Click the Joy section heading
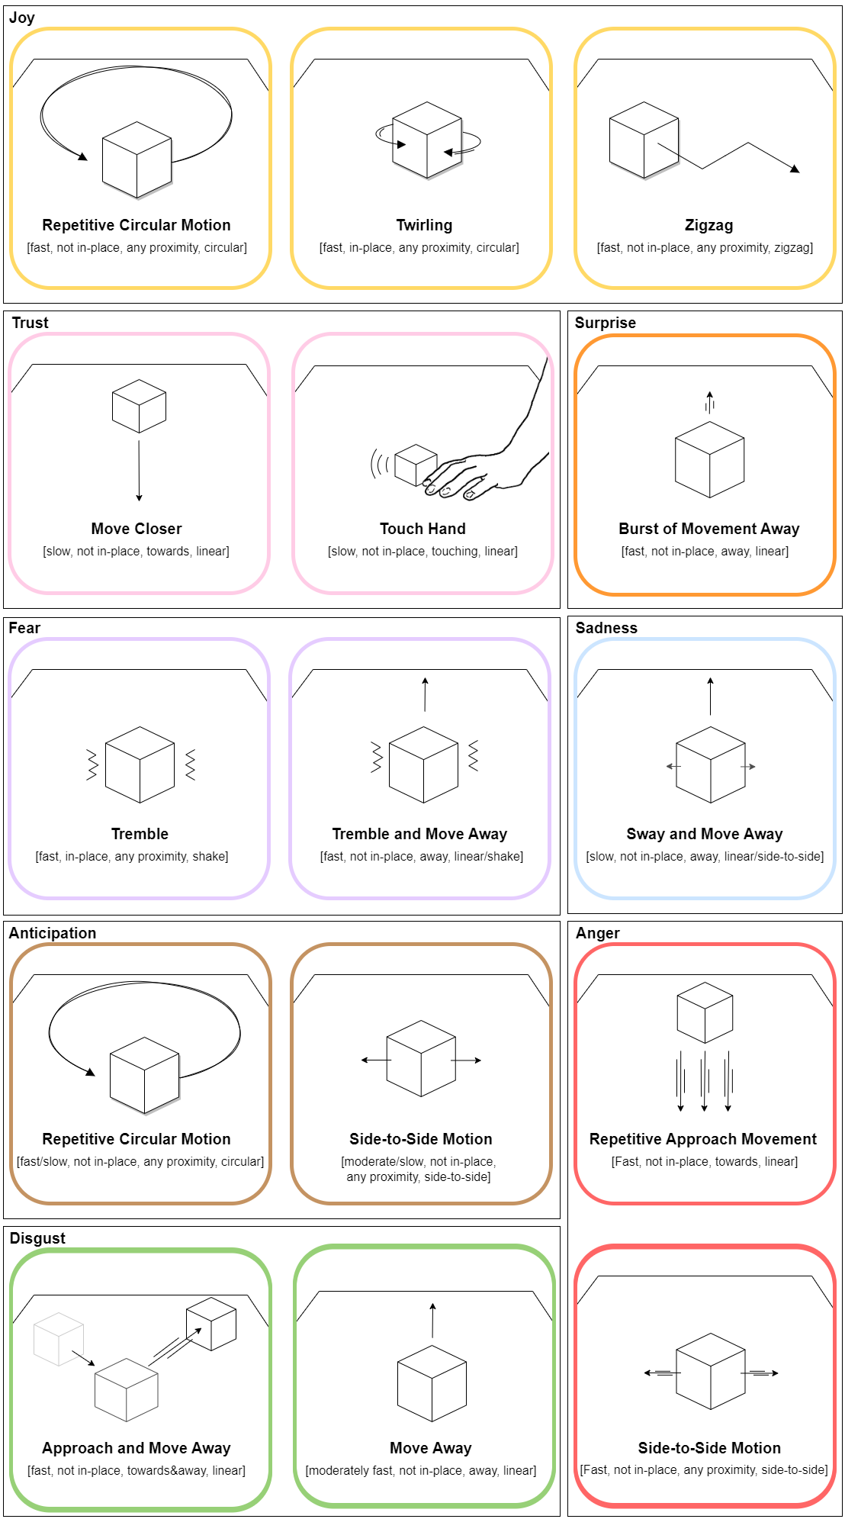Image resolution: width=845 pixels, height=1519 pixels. click(22, 18)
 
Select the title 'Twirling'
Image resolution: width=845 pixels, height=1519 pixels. click(424, 225)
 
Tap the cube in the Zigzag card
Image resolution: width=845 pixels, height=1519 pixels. click(644, 140)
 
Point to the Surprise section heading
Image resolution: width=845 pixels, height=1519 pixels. click(605, 323)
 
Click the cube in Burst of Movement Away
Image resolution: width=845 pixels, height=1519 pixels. click(709, 459)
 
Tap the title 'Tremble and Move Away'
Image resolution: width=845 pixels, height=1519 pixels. click(419, 834)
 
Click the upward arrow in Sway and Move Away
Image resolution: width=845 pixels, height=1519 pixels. click(710, 695)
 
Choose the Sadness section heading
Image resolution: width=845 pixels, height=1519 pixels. click(606, 628)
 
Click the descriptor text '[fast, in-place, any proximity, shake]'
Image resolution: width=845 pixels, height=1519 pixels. click(132, 856)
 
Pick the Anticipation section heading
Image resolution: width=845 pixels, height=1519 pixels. click(53, 933)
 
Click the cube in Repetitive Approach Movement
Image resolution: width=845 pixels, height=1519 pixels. click(705, 1012)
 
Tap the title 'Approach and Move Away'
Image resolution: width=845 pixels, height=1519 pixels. click(137, 1448)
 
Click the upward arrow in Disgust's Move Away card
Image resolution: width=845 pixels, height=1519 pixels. click(432, 1320)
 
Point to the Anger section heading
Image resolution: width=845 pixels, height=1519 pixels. click(598, 933)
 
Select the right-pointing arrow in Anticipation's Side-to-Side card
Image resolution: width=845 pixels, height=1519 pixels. click(467, 1060)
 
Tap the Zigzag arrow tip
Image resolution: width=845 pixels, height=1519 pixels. click(795, 169)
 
